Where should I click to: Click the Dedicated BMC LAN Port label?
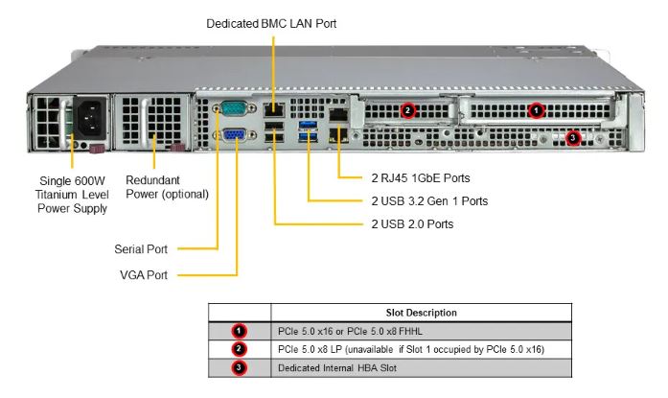[x=271, y=21]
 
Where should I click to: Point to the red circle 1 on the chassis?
[x=537, y=110]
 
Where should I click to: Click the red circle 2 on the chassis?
[x=408, y=110]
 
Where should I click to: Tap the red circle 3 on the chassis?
[x=573, y=137]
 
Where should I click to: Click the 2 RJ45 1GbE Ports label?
[x=419, y=177]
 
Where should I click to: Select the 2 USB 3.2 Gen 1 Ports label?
[x=428, y=201]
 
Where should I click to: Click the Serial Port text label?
[x=141, y=249]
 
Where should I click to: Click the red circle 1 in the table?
[x=240, y=331]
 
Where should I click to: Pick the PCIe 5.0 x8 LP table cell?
[x=409, y=349]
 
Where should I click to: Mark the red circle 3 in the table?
[x=240, y=367]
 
